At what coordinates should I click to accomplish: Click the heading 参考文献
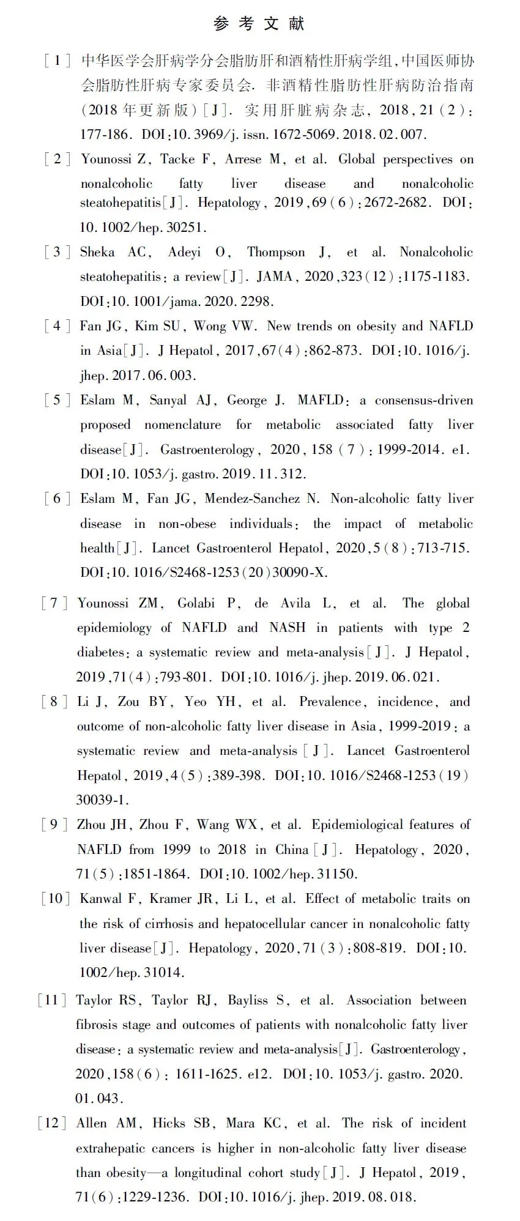(259, 24)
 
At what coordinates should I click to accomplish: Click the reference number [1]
(57, 61)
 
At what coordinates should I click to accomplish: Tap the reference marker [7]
(54, 603)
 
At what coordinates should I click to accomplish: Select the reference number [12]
(52, 1123)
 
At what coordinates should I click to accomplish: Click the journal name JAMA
(274, 276)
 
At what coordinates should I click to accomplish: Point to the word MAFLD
(321, 400)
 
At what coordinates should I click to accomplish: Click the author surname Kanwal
(101, 899)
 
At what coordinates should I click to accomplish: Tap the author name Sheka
(97, 252)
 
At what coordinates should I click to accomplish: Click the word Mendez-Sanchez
(252, 499)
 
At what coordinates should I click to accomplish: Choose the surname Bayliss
(248, 1000)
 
